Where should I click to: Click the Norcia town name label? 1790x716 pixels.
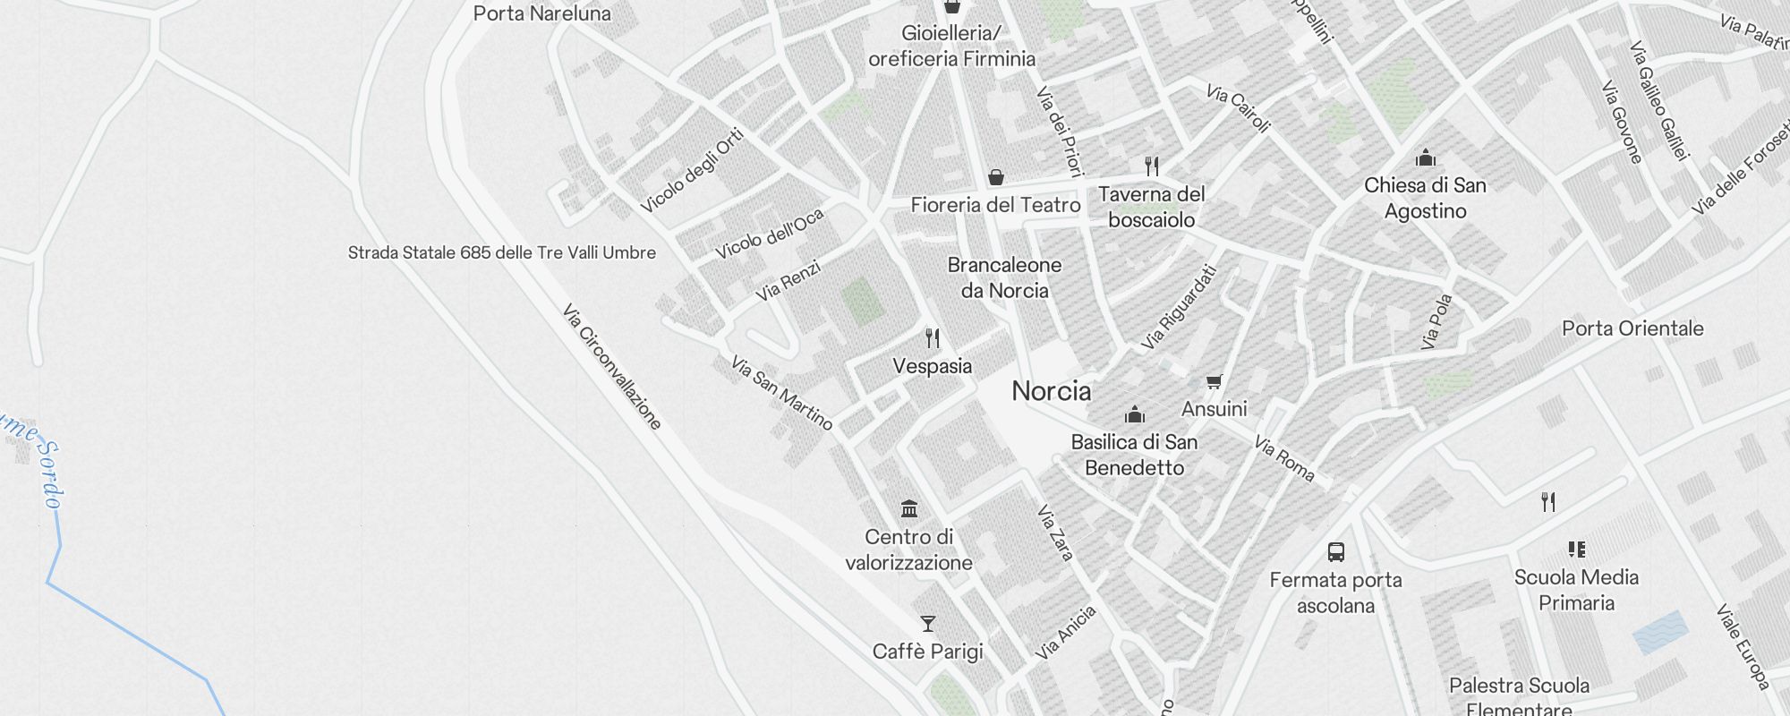tap(1051, 391)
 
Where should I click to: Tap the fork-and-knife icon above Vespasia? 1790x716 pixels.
tap(933, 338)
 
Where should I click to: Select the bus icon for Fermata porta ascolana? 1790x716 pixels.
tap(1335, 551)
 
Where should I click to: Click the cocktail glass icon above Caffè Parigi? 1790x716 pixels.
tap(928, 624)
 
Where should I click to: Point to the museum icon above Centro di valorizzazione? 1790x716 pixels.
tap(909, 508)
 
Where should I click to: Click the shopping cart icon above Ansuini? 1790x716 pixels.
tap(1214, 382)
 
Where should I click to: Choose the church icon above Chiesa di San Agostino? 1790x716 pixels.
tap(1425, 158)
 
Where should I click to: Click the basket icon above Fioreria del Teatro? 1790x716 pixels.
tap(995, 177)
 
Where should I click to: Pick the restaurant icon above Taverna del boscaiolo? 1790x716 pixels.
tap(1152, 166)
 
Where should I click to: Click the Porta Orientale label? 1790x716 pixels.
tap(1632, 328)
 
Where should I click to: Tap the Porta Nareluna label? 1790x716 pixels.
tap(541, 13)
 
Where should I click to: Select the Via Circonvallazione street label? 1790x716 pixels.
tap(611, 367)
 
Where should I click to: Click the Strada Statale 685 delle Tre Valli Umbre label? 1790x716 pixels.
tap(501, 253)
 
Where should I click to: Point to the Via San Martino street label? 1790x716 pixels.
tap(781, 392)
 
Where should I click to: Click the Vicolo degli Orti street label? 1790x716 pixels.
tap(692, 171)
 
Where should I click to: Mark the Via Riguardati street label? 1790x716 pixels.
tap(1179, 307)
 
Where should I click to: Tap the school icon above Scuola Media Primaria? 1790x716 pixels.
tap(1576, 549)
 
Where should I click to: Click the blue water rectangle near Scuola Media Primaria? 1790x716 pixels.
tap(1660, 632)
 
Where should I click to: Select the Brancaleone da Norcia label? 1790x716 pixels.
tap(1004, 277)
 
